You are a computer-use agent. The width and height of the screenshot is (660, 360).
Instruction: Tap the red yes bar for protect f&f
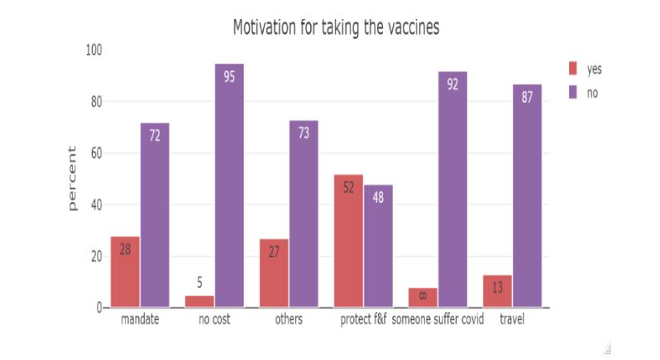click(348, 241)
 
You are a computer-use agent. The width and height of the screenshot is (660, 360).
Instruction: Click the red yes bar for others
click(274, 273)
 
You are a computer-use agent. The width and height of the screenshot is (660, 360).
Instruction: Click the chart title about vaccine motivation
click(335, 27)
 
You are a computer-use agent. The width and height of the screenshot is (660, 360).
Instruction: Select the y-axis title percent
click(72, 179)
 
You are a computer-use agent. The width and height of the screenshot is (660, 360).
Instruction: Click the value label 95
click(229, 75)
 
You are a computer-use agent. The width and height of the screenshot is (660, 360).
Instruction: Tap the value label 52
click(348, 187)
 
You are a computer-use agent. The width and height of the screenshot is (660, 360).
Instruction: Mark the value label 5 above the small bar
click(199, 282)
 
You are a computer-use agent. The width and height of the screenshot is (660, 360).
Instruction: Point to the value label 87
click(527, 96)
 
